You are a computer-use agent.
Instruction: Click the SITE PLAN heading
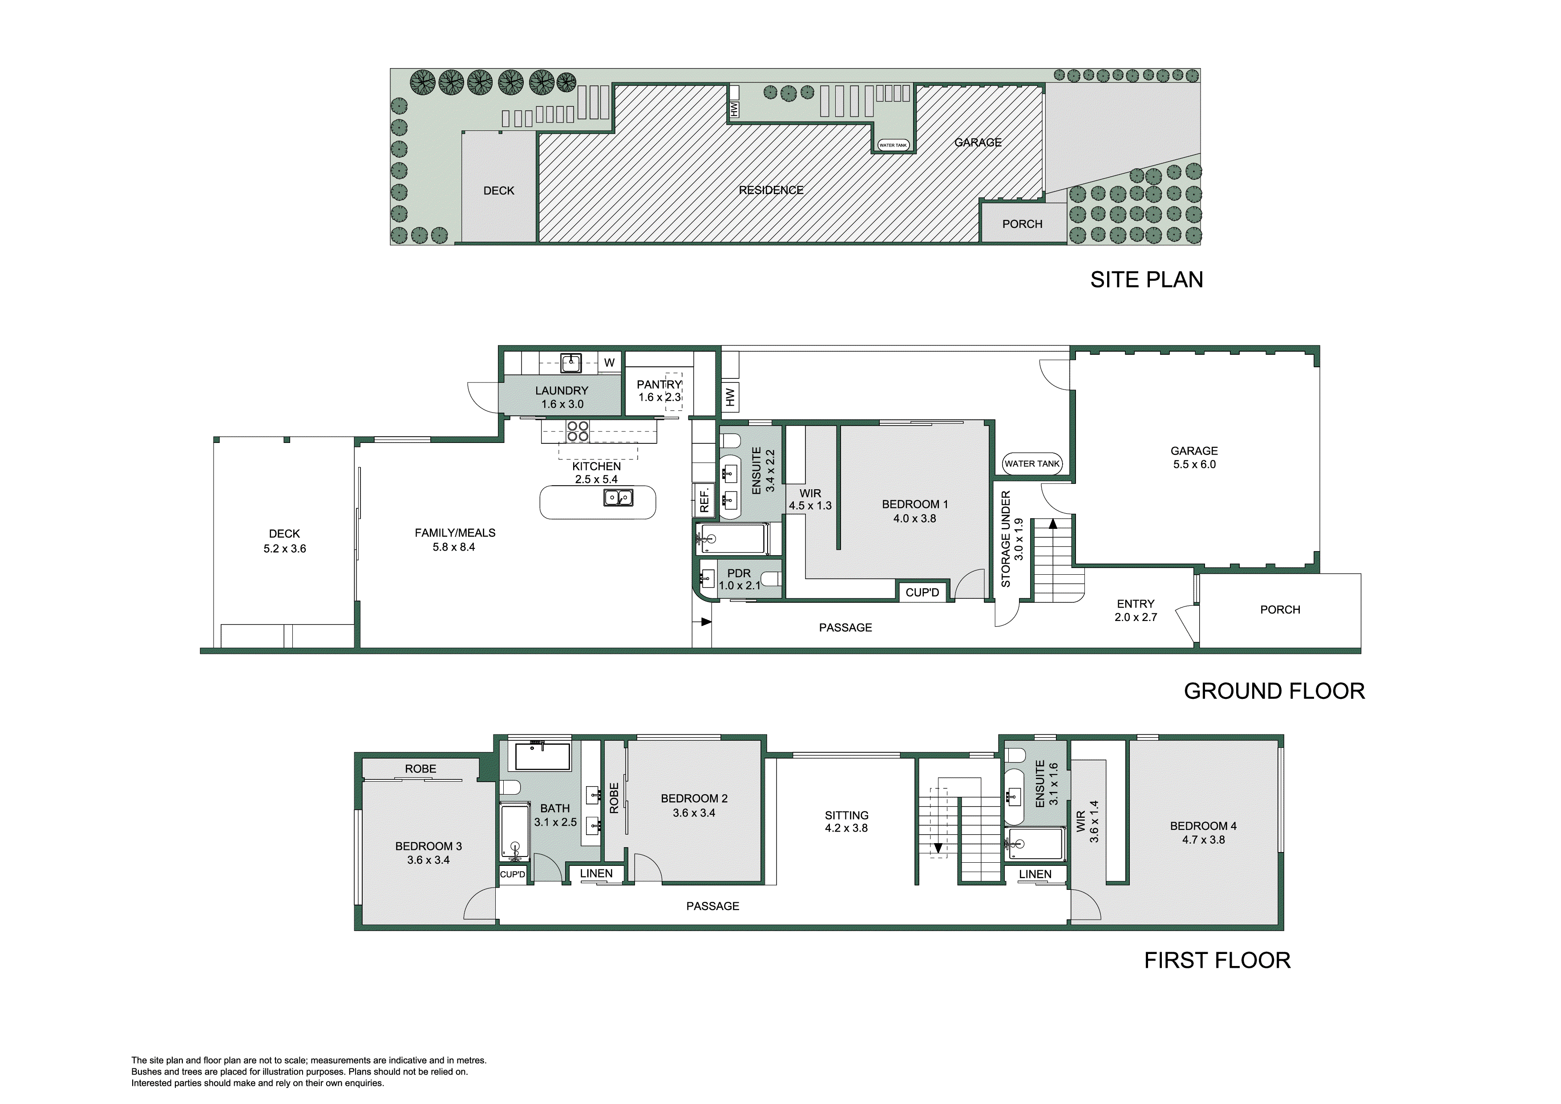tap(1146, 280)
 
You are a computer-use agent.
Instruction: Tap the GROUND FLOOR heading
tap(1274, 691)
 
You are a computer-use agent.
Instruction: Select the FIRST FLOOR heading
tap(1217, 961)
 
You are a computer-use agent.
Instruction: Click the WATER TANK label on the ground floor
tap(1031, 464)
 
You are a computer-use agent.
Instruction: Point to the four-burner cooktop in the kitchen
tap(578, 431)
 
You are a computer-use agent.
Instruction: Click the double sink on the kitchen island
tap(618, 498)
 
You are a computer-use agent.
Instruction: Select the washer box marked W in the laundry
tap(609, 362)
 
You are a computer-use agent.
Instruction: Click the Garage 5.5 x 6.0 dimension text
tap(1194, 465)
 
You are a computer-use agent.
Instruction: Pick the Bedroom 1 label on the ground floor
tap(914, 504)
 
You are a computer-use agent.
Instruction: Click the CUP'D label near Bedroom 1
tap(922, 593)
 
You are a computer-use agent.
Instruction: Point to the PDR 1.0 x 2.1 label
tap(739, 579)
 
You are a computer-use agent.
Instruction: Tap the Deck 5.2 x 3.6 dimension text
tap(284, 549)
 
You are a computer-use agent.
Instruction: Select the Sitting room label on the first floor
tap(846, 815)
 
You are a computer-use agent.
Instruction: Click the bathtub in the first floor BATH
tap(542, 756)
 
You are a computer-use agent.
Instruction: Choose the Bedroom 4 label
tap(1203, 826)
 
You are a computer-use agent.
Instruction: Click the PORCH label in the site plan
tap(1022, 224)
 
